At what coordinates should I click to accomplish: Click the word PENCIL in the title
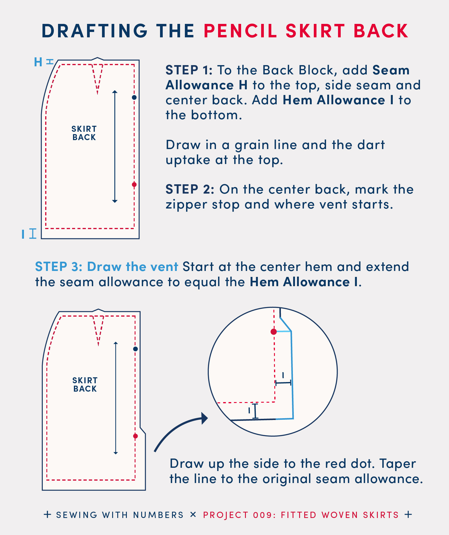coord(241,31)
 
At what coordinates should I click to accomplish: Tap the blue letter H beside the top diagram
coord(38,62)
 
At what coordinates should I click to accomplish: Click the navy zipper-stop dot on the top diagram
coord(134,97)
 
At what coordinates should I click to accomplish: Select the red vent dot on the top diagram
coord(134,185)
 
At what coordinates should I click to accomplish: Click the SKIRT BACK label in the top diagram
coord(84,133)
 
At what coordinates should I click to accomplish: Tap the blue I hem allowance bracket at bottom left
coord(33,234)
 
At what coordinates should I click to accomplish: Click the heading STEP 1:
coord(189,70)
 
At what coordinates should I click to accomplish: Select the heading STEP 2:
coord(190,189)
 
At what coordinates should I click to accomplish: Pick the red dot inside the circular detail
coord(274,332)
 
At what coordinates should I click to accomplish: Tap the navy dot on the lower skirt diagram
coord(136,349)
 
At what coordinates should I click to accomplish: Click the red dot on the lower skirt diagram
coord(136,436)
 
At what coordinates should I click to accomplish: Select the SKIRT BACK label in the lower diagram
coord(85,385)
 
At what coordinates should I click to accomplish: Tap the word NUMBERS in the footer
coord(158,515)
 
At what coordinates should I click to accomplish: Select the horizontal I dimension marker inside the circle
coord(283,383)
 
